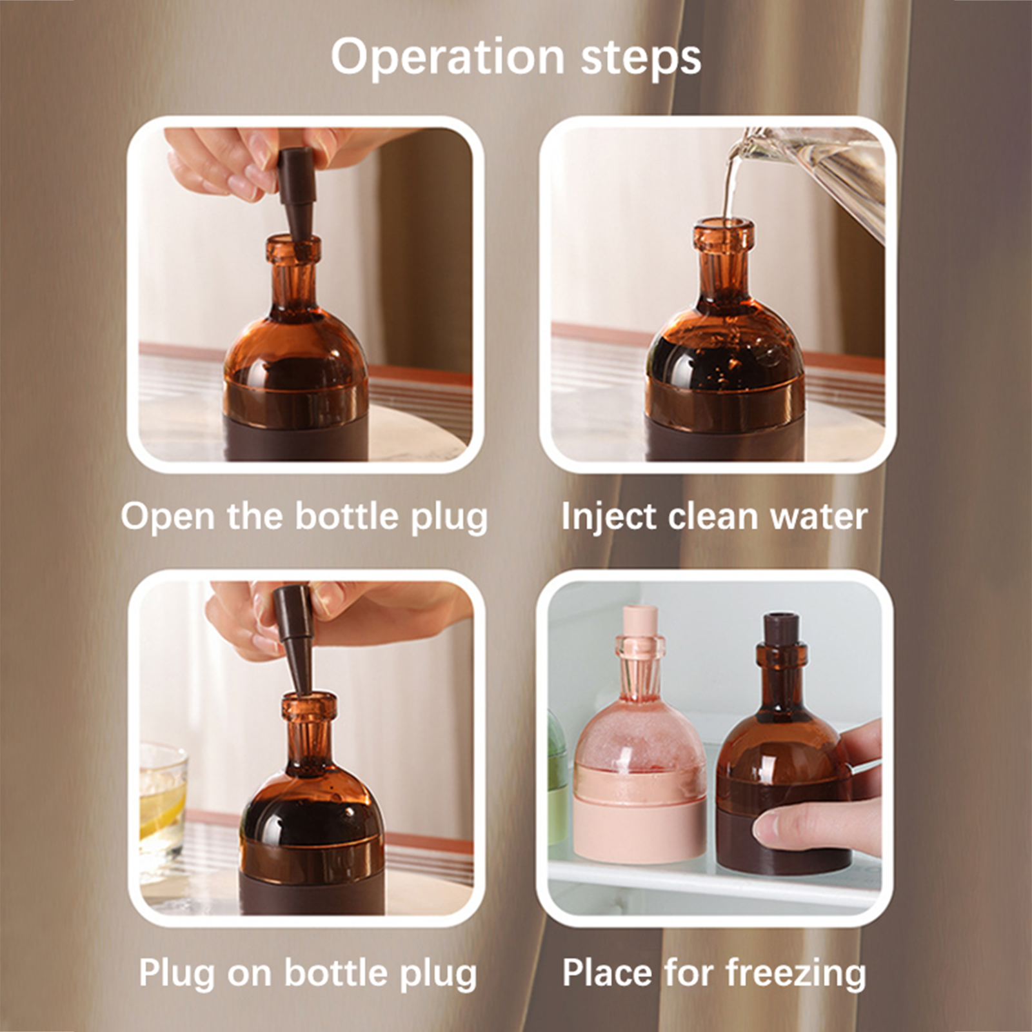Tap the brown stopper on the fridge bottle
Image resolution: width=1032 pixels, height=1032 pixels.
coord(781,629)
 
